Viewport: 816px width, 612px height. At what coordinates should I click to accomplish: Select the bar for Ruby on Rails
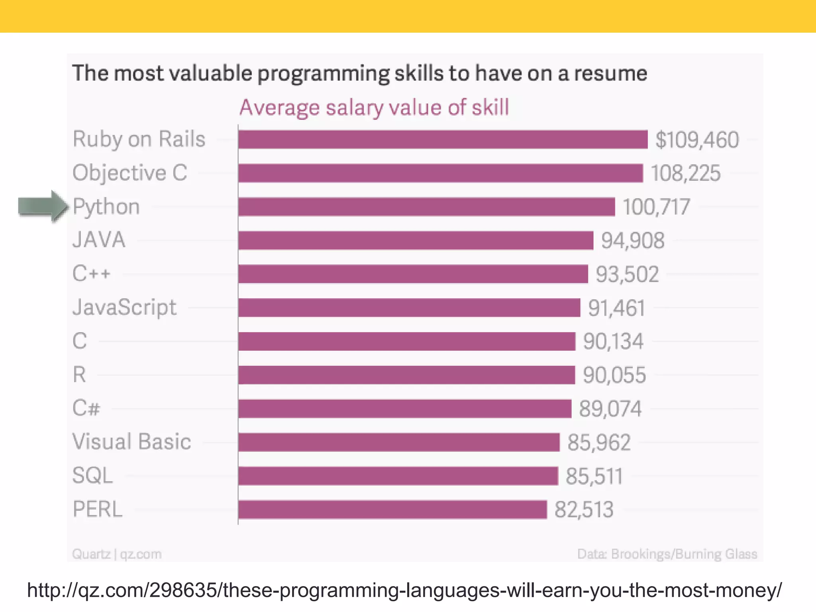coord(443,140)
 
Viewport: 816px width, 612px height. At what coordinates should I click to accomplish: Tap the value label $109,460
coord(697,140)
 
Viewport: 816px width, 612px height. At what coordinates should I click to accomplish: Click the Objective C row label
coord(129,173)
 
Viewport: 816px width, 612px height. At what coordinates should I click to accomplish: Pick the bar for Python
coord(426,207)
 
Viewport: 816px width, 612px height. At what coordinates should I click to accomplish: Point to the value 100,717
coord(656,207)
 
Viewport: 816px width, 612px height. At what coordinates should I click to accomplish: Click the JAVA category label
coord(99,240)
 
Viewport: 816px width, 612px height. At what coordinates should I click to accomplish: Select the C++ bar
coord(413,274)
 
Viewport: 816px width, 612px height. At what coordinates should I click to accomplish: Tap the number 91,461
coord(616,308)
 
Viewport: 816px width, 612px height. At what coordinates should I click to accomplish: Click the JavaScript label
coord(124,308)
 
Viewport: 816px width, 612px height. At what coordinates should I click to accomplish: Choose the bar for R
coord(407,375)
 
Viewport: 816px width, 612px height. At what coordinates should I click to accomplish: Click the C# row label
coord(86,408)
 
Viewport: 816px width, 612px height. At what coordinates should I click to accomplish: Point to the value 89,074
coord(610,409)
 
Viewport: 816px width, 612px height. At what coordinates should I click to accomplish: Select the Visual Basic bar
coord(399,442)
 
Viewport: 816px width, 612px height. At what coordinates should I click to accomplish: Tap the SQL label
coord(92,476)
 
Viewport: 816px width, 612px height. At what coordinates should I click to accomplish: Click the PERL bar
coord(392,510)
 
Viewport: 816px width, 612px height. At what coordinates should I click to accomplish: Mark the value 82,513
coord(584,510)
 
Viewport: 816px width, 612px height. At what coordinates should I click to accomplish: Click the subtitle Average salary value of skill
coord(374,108)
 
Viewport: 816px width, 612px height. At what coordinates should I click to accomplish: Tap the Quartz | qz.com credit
coord(117,554)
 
